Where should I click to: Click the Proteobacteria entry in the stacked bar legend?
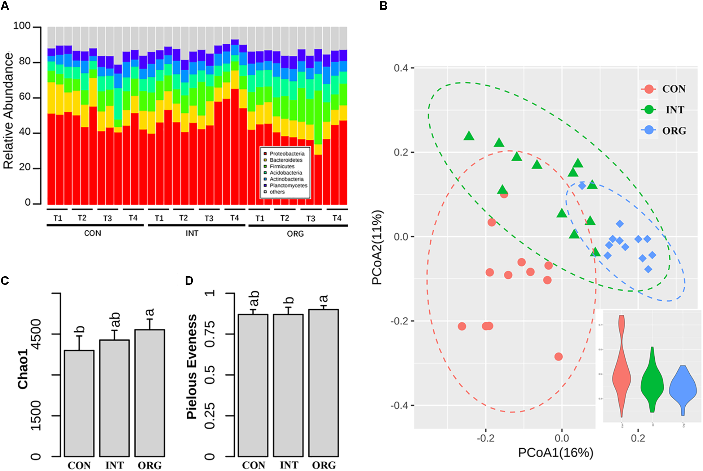[287, 154]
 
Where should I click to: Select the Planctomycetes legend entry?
[288, 185]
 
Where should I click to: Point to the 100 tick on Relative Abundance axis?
[22, 26]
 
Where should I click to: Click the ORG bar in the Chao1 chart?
[150, 392]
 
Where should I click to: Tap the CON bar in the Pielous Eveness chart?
[253, 385]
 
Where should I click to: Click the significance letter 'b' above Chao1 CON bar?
[80, 329]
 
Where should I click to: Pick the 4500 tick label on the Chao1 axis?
[36, 334]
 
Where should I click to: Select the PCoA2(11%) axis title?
[377, 248]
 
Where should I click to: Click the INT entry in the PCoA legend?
[674, 110]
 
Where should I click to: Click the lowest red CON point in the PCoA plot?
[558, 356]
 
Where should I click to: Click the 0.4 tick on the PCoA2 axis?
[401, 68]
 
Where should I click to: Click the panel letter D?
[189, 281]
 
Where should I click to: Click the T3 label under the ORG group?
[310, 219]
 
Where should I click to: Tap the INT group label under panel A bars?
[192, 233]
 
